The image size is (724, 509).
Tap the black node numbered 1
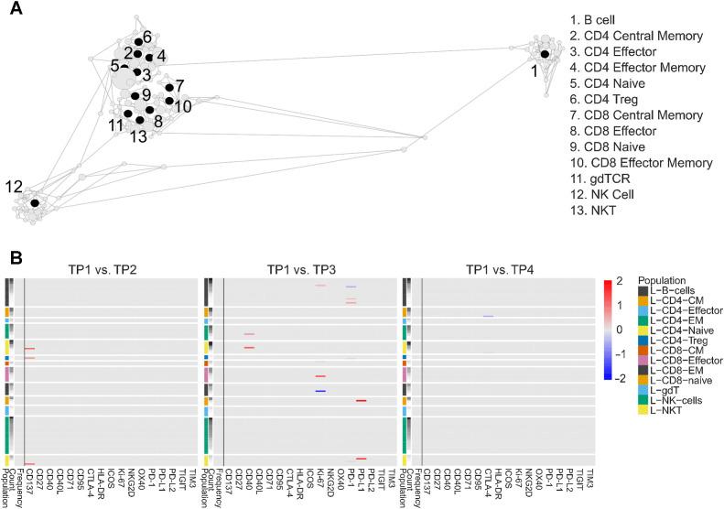click(x=545, y=55)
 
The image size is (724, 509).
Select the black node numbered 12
click(x=35, y=202)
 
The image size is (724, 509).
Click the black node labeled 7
click(x=169, y=88)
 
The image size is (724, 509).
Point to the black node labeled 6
click(x=138, y=41)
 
